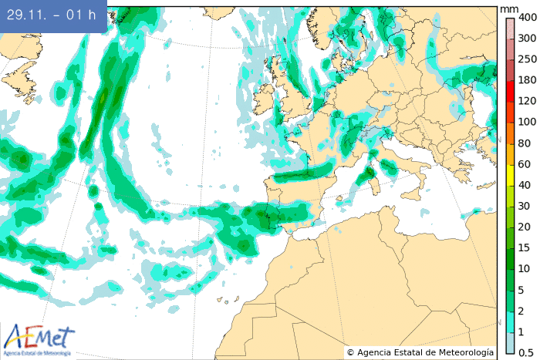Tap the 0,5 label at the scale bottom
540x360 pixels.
[x=527, y=352]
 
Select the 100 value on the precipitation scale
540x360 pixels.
[x=527, y=122]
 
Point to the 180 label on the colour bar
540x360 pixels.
[x=527, y=80]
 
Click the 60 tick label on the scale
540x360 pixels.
[x=524, y=163]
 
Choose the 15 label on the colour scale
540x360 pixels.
[x=524, y=247]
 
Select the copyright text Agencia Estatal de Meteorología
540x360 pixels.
[x=420, y=352]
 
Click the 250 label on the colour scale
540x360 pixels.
[x=527, y=59]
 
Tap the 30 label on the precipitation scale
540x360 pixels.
[x=524, y=206]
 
